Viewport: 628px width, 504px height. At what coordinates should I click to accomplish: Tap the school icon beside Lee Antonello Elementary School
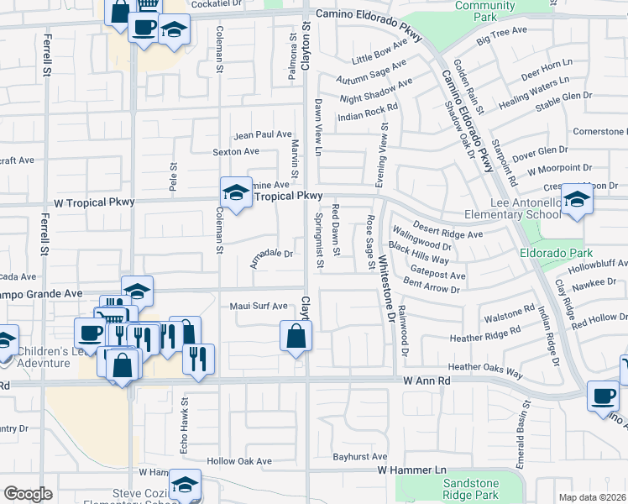point(577,200)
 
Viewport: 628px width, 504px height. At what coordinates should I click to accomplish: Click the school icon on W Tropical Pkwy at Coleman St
point(236,193)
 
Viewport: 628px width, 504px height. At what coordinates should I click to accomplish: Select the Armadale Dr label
point(271,257)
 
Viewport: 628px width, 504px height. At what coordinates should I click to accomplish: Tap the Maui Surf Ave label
point(259,307)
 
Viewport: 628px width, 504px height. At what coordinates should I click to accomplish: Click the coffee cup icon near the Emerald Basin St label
point(602,396)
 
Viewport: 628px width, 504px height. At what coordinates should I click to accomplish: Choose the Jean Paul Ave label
point(263,134)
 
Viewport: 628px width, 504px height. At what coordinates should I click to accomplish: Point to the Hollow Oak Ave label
point(240,461)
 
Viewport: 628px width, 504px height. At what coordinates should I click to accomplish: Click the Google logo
point(29,494)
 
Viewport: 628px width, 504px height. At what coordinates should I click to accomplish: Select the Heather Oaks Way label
point(485,368)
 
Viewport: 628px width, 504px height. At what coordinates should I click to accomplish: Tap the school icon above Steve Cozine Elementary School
point(185,485)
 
